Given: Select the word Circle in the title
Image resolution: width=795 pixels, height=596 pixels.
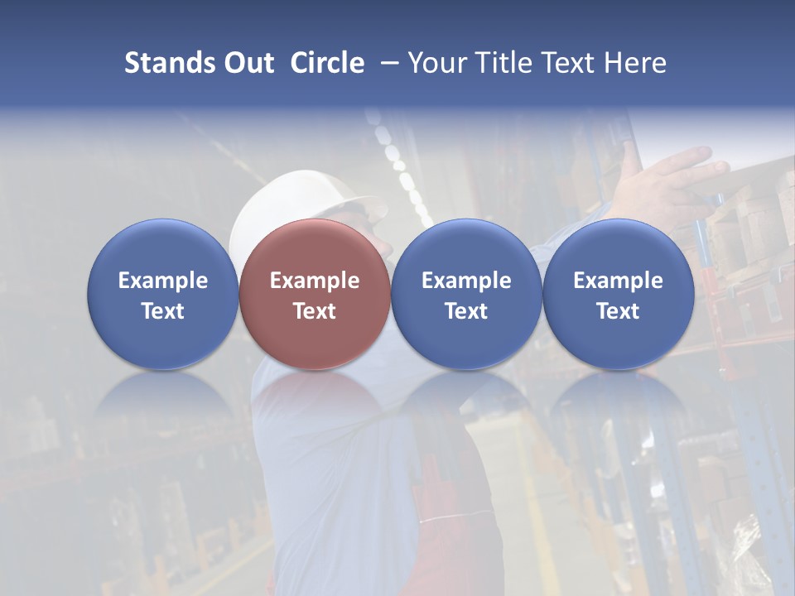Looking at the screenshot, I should (x=327, y=63).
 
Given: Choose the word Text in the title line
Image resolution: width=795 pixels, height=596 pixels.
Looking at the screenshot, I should (x=560, y=63).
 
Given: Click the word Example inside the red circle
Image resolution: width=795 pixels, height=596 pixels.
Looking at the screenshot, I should (x=315, y=281).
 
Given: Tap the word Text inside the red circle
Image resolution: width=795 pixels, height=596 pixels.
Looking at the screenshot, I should (x=315, y=311).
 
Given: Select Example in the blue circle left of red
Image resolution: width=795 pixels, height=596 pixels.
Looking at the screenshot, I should (x=162, y=281).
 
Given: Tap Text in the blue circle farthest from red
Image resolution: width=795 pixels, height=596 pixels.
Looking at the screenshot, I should (x=618, y=311).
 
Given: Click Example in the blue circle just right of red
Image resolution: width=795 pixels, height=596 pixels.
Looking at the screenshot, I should (x=466, y=281).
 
